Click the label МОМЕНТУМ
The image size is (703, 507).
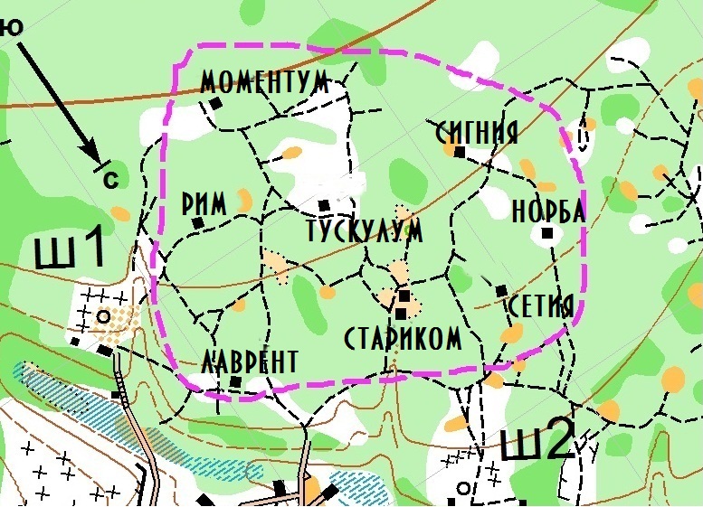(x=264, y=81)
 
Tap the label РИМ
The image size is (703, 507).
(x=204, y=204)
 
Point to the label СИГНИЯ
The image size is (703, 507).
(x=476, y=133)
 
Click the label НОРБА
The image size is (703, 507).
(x=548, y=211)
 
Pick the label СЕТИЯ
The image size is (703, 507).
(x=541, y=305)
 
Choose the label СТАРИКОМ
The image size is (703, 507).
(x=404, y=339)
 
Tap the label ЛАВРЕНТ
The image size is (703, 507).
(x=250, y=362)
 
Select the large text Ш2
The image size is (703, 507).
(x=537, y=443)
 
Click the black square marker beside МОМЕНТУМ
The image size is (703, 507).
(x=215, y=103)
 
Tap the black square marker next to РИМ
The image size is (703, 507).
(x=197, y=222)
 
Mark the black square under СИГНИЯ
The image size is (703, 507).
(x=459, y=154)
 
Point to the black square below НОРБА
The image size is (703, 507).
(x=546, y=234)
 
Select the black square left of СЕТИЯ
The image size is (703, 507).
(x=501, y=290)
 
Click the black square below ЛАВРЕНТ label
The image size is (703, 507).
(x=236, y=382)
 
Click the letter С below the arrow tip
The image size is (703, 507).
(x=111, y=180)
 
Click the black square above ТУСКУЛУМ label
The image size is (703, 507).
(x=324, y=205)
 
